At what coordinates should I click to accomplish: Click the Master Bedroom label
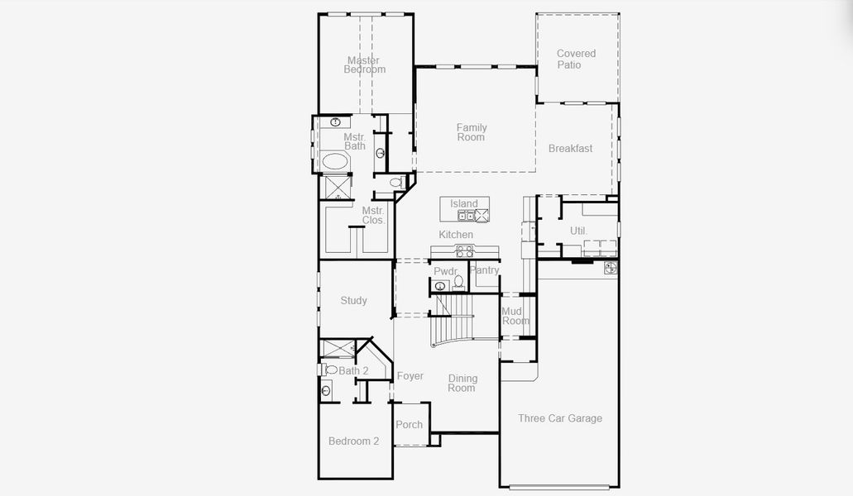[x=364, y=65]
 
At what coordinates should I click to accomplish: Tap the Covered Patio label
[x=576, y=60]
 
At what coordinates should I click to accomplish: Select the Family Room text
[x=472, y=132]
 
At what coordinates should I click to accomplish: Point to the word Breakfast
[x=570, y=149]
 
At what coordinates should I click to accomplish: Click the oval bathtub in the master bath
[x=335, y=161]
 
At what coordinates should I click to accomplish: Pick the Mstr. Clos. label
[x=373, y=216]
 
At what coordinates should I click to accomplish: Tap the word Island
[x=464, y=203]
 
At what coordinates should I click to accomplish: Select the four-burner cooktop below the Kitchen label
[x=465, y=251]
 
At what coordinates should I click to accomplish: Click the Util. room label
[x=578, y=231]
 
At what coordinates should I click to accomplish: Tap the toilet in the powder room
[x=458, y=283]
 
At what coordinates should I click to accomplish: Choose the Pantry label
[x=485, y=270]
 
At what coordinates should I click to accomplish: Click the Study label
[x=354, y=301]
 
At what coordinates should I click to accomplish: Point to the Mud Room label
[x=515, y=316]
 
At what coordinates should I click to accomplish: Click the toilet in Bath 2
[x=330, y=370]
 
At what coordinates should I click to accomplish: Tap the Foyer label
[x=410, y=376]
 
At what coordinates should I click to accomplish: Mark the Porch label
[x=409, y=425]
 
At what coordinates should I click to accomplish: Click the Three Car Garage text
[x=560, y=418]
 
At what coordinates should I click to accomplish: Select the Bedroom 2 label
[x=353, y=441]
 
